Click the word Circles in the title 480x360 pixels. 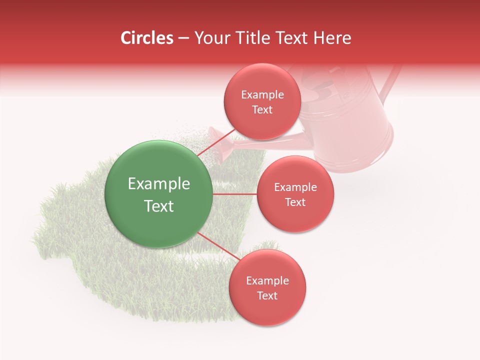click(147, 38)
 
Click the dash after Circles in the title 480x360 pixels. click(183, 38)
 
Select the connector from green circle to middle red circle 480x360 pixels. click(234, 194)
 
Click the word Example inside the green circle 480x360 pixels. click(159, 184)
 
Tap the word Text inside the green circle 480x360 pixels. click(159, 206)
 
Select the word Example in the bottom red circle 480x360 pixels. click(267, 281)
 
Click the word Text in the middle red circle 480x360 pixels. click(295, 202)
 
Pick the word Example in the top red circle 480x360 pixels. click(262, 95)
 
